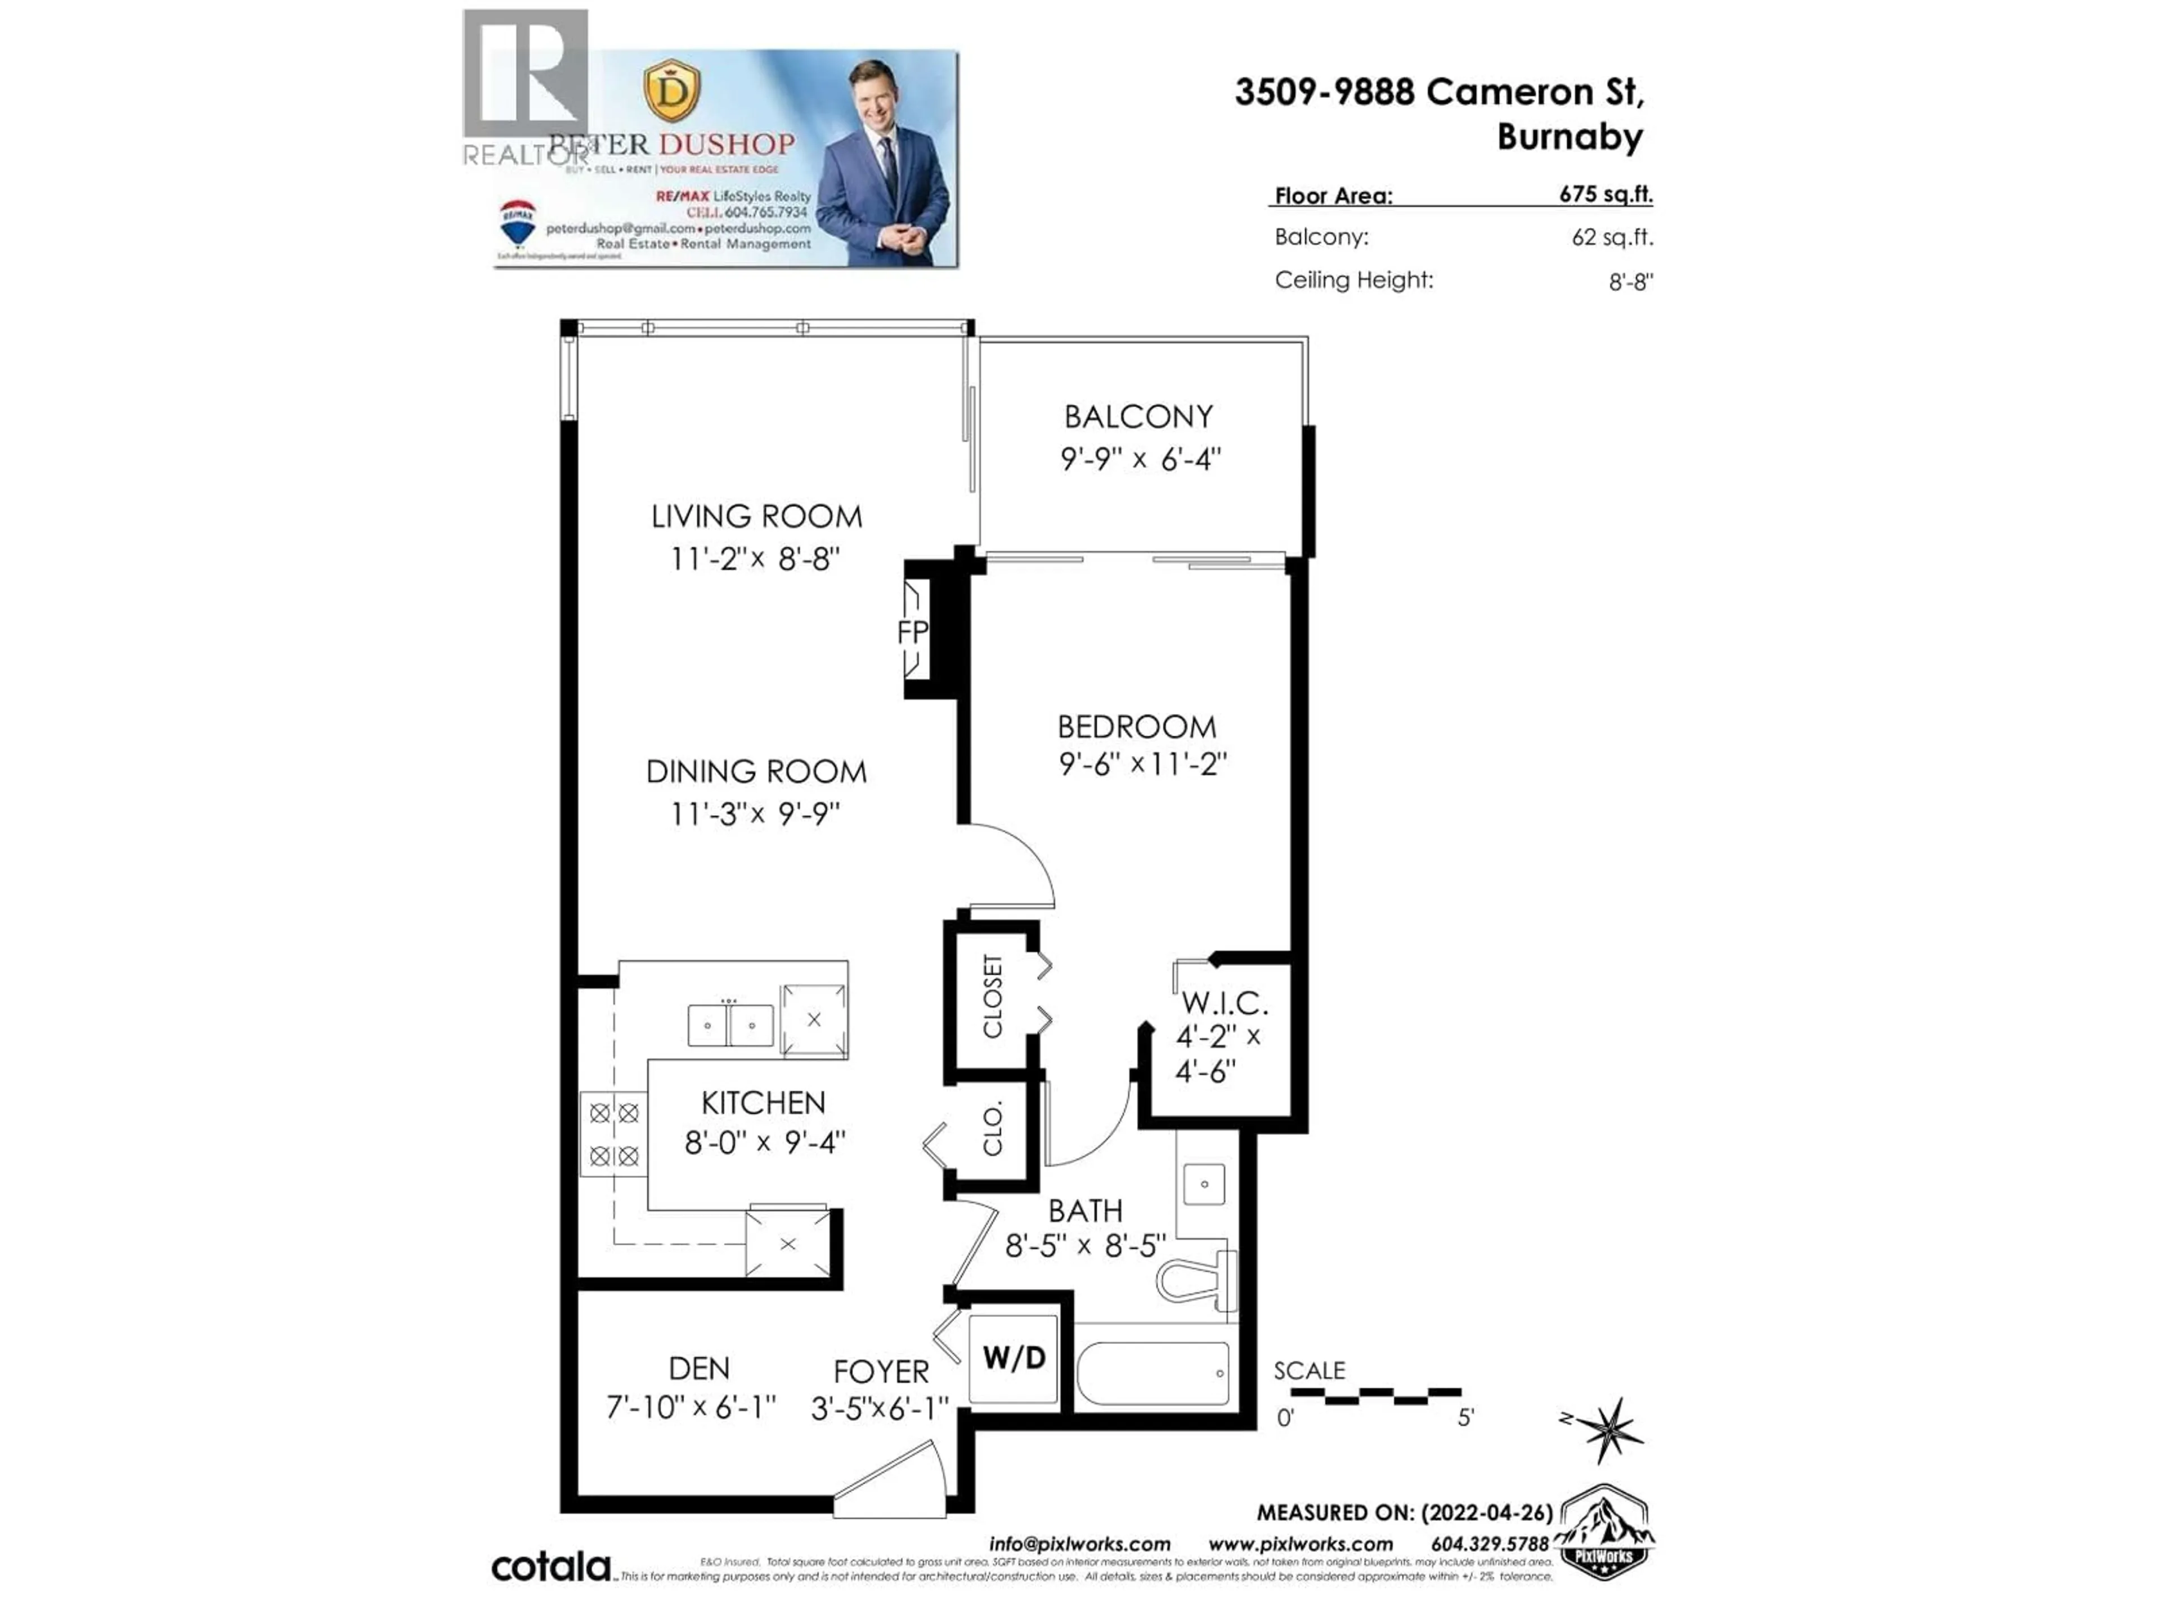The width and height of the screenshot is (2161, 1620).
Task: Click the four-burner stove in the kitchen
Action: pos(613,1133)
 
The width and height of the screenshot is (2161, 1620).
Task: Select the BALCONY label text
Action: pos(1138,417)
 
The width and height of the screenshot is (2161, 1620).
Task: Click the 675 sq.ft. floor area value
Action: pos(1605,193)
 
